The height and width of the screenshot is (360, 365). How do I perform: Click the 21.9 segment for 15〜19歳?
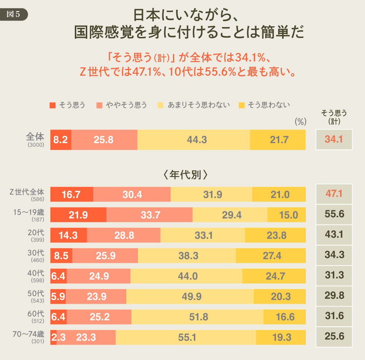78,215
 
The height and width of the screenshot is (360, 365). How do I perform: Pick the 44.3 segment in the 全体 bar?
194,139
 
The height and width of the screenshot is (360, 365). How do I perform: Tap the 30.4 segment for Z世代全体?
132,194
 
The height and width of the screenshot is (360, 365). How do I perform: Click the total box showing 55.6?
334,214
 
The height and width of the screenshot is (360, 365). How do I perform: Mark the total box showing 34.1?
334,139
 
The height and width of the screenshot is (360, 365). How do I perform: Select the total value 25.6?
334,337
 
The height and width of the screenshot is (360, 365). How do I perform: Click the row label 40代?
36,273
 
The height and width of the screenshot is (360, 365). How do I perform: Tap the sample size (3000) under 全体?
36,145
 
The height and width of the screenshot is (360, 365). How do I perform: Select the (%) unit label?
300,121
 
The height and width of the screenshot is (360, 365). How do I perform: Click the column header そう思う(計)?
334,117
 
